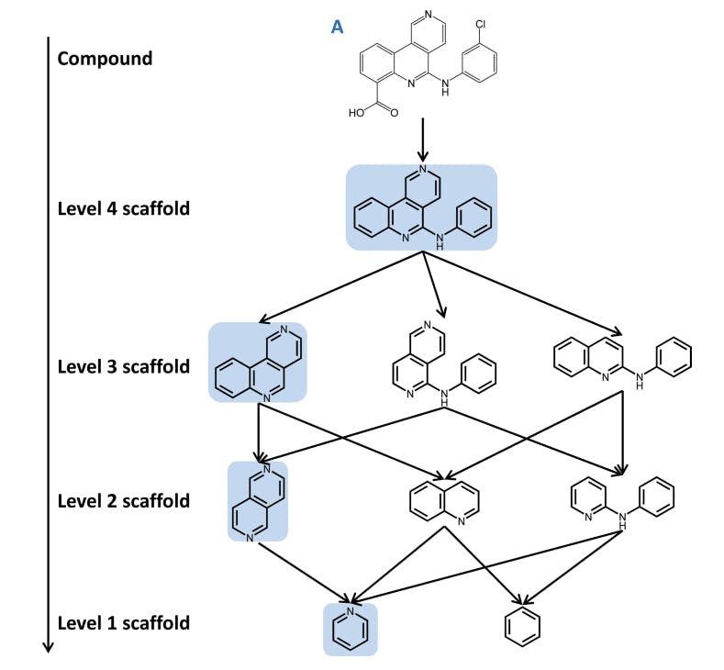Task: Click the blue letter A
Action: pos(338,27)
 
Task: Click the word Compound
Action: pos(105,59)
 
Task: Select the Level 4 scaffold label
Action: pos(123,208)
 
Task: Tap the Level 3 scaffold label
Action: pos(123,367)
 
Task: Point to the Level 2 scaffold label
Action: pos(123,501)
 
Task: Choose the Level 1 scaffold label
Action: pos(123,624)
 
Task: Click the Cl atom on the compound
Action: pos(481,15)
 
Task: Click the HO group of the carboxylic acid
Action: pos(356,115)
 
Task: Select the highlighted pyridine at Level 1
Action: pos(351,630)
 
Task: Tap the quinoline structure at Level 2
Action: pos(443,500)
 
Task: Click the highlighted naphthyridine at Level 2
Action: pos(258,501)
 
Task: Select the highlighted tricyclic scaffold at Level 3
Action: pos(258,363)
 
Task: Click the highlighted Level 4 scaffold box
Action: pos(421,207)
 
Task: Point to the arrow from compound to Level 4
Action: pos(422,139)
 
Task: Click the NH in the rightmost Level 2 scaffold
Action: pos(623,518)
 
